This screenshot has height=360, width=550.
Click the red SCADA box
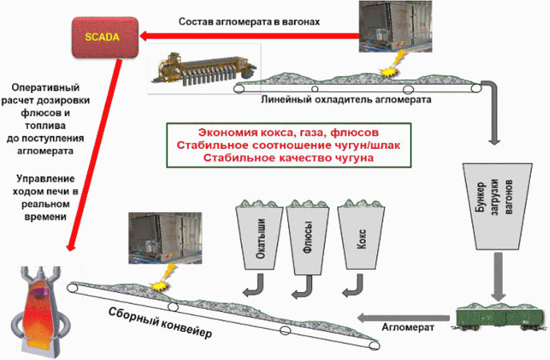pyautogui.click(x=105, y=38)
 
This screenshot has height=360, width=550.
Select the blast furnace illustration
pyautogui.click(x=38, y=311)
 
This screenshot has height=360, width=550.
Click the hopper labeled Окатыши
pyautogui.click(x=259, y=237)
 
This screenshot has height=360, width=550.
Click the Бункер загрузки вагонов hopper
pyautogui.click(x=497, y=206)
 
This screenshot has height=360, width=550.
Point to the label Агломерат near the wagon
pyautogui.click(x=407, y=327)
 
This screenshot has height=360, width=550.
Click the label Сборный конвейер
pyautogui.click(x=160, y=323)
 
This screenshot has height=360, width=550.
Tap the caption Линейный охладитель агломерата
pyautogui.click(x=346, y=100)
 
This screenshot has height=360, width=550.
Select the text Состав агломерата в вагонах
pyautogui.click(x=250, y=22)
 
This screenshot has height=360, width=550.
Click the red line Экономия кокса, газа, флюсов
pyautogui.click(x=288, y=133)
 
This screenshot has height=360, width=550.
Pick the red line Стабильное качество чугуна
pyautogui.click(x=288, y=158)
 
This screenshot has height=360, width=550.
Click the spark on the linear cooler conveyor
pyautogui.click(x=392, y=66)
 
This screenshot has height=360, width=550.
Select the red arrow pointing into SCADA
pyautogui.click(x=249, y=36)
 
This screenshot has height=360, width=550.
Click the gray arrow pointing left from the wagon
pyautogui.click(x=403, y=318)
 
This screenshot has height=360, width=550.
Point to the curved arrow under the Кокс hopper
pyautogui.click(x=354, y=286)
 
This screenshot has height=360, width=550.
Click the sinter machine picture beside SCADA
pyautogui.click(x=204, y=69)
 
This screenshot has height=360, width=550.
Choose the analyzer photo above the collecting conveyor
pyautogui.click(x=165, y=238)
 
